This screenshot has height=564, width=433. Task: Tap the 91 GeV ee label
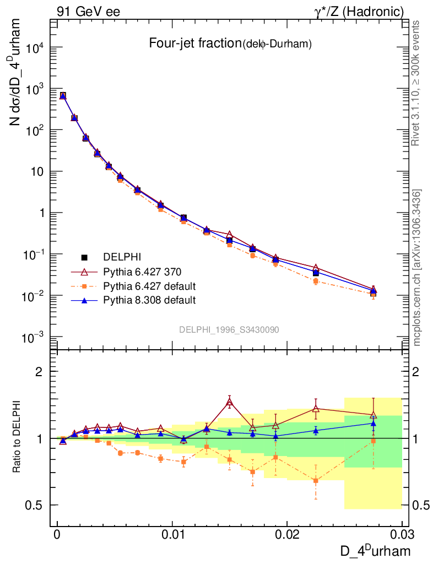[88, 11]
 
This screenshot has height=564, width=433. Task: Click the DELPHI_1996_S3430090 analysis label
[229, 329]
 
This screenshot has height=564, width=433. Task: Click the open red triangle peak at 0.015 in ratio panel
[229, 402]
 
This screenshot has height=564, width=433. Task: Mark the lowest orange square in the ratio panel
[316, 481]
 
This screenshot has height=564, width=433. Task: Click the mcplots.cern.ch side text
[417, 268]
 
